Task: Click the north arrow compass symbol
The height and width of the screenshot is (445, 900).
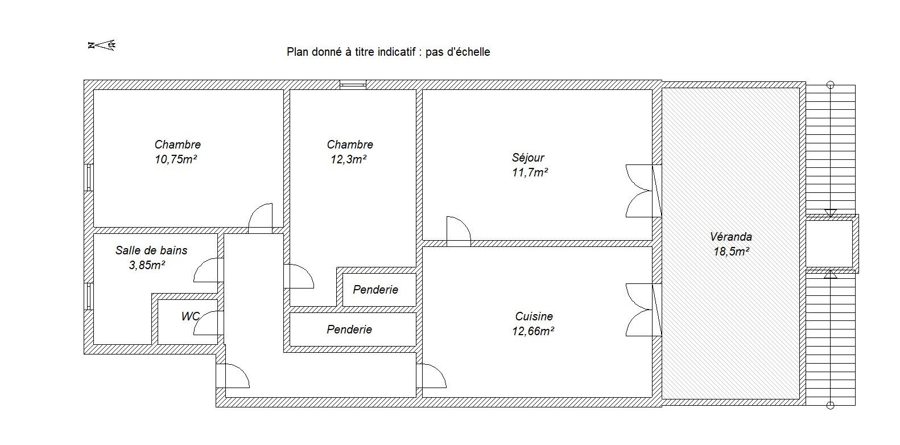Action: click(102, 45)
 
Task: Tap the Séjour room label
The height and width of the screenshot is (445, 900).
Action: click(528, 158)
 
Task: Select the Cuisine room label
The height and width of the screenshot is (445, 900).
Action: click(534, 316)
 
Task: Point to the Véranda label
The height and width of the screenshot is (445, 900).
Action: click(731, 236)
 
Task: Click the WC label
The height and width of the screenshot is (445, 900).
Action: click(191, 316)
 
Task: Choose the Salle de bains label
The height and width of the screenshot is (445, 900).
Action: click(151, 250)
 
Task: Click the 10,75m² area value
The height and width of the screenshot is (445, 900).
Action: click(176, 159)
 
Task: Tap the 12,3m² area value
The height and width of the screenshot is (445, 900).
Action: click(348, 159)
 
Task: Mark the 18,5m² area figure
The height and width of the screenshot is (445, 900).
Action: click(731, 252)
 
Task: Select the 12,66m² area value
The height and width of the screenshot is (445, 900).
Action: click(533, 331)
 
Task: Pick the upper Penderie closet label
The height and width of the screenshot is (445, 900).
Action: click(375, 290)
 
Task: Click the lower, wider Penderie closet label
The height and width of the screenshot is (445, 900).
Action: click(349, 329)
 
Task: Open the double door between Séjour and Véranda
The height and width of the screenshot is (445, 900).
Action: click(643, 191)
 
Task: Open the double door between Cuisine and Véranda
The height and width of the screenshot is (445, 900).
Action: click(643, 310)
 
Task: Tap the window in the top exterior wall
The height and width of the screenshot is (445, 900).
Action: click(353, 84)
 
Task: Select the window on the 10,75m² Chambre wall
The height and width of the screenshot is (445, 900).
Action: click(89, 178)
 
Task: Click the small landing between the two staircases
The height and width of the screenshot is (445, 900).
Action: click(829, 244)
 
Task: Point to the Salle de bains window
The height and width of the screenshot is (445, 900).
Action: click(89, 296)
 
